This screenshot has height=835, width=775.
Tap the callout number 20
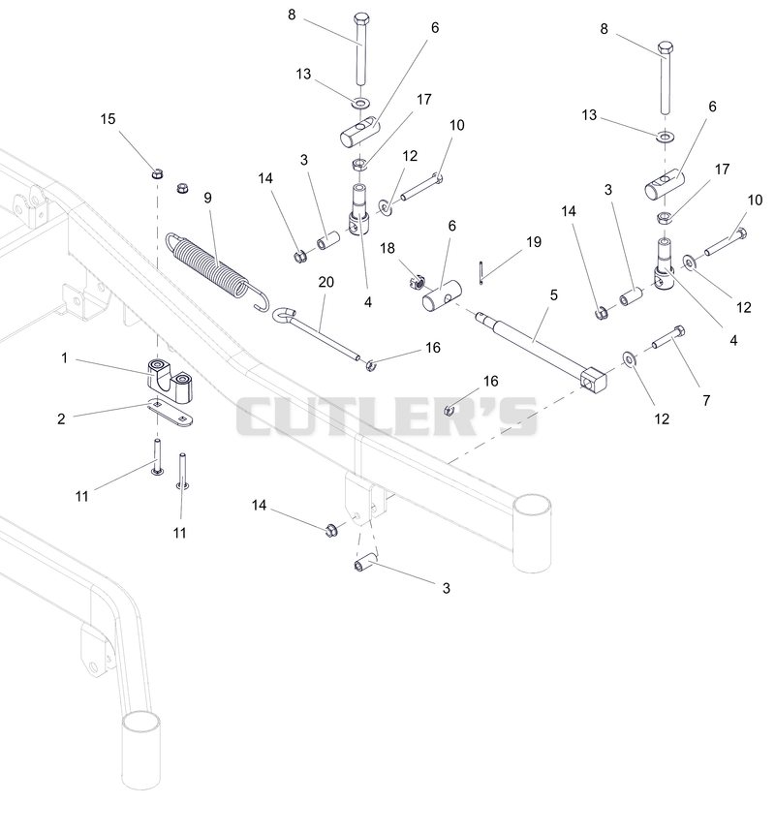[325, 282]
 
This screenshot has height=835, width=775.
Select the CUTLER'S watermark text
[387, 416]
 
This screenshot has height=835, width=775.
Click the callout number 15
[108, 119]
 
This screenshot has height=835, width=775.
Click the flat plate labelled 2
[170, 414]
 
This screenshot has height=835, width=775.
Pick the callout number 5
[554, 295]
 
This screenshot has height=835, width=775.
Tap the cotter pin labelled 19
[480, 272]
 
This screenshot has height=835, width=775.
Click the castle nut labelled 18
[418, 280]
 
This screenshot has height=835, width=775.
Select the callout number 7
[706, 400]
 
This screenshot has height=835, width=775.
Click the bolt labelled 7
[667, 337]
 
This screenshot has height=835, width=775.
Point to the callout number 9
[207, 199]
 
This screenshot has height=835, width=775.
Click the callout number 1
[65, 357]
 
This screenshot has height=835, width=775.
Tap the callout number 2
[61, 419]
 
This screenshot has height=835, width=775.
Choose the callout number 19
[534, 242]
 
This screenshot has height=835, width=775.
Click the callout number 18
[387, 248]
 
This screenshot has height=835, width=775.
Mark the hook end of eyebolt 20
[282, 315]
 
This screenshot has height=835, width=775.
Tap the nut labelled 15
[157, 173]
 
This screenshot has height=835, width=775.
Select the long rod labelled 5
[540, 350]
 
